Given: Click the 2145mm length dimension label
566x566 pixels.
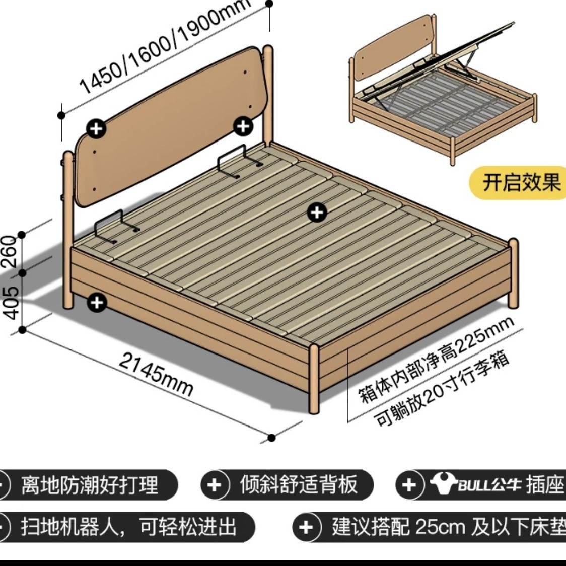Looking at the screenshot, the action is pos(156,374).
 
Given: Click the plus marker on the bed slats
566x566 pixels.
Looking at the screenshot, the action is pos(317,213).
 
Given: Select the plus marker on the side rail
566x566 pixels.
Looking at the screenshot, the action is pos(97,302).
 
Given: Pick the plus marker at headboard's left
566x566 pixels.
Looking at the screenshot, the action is pos(96,129).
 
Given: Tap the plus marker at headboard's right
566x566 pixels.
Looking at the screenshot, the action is pos(244,126).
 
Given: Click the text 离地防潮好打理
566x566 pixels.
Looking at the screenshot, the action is pos(90,485).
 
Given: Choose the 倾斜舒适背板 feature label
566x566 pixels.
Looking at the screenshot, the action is pos(299,484).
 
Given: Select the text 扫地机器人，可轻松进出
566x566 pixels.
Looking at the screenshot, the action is pos(128,527).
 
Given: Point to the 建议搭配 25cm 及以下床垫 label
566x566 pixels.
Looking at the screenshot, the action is pos(448,527).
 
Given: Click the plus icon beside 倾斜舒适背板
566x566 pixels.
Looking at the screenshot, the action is pos(214,485).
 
